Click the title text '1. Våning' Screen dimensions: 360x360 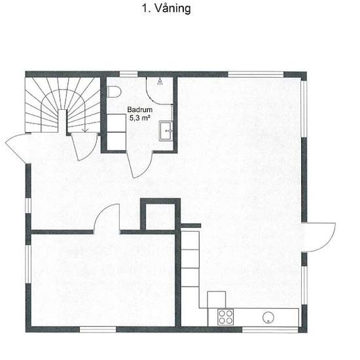coord(166,9)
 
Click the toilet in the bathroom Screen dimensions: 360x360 coord(114,92)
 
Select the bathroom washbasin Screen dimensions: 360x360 coord(166,131)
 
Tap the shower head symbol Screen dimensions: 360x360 coord(160,82)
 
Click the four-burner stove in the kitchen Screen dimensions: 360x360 coord(225,317)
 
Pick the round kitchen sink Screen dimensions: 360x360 coord(268,317)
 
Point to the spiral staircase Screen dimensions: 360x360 coord(62,105)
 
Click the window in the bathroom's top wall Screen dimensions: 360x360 coord(128,74)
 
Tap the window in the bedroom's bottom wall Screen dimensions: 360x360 coord(98,329)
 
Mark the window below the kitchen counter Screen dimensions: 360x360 coord(270,330)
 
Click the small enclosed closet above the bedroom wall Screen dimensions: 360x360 coord(160,217)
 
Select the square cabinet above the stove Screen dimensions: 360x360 coord(217,300)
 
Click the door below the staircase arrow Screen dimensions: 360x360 coord(84,147)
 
